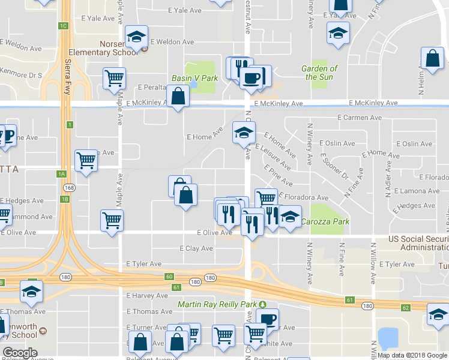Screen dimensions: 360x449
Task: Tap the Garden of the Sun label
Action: point(321,73)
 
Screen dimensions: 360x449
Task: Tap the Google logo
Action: point(20,352)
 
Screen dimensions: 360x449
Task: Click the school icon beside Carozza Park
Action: point(290,217)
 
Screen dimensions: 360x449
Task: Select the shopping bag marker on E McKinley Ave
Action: point(178,97)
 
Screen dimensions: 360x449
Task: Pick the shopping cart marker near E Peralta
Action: point(113,78)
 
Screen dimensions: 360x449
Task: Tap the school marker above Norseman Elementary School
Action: point(136,37)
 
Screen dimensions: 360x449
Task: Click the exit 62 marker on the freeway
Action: point(406,307)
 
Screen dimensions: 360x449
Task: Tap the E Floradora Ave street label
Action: point(303,197)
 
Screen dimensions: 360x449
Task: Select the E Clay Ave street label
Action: point(196,248)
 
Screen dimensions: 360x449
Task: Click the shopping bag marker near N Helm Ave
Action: point(432,59)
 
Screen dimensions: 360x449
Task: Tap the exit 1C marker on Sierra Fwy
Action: point(63,25)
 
